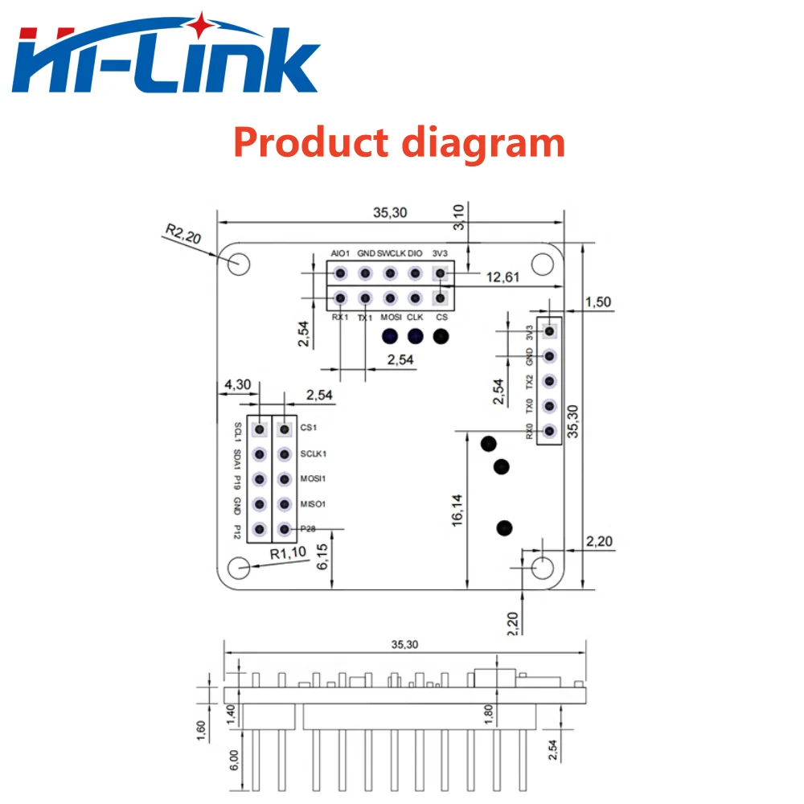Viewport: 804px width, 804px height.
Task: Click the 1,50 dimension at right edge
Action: (598, 301)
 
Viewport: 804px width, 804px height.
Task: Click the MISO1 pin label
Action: (314, 504)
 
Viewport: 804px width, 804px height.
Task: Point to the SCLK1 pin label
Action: (314, 454)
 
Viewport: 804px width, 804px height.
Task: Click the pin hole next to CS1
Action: (285, 429)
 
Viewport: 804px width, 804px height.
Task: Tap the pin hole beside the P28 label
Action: (285, 530)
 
